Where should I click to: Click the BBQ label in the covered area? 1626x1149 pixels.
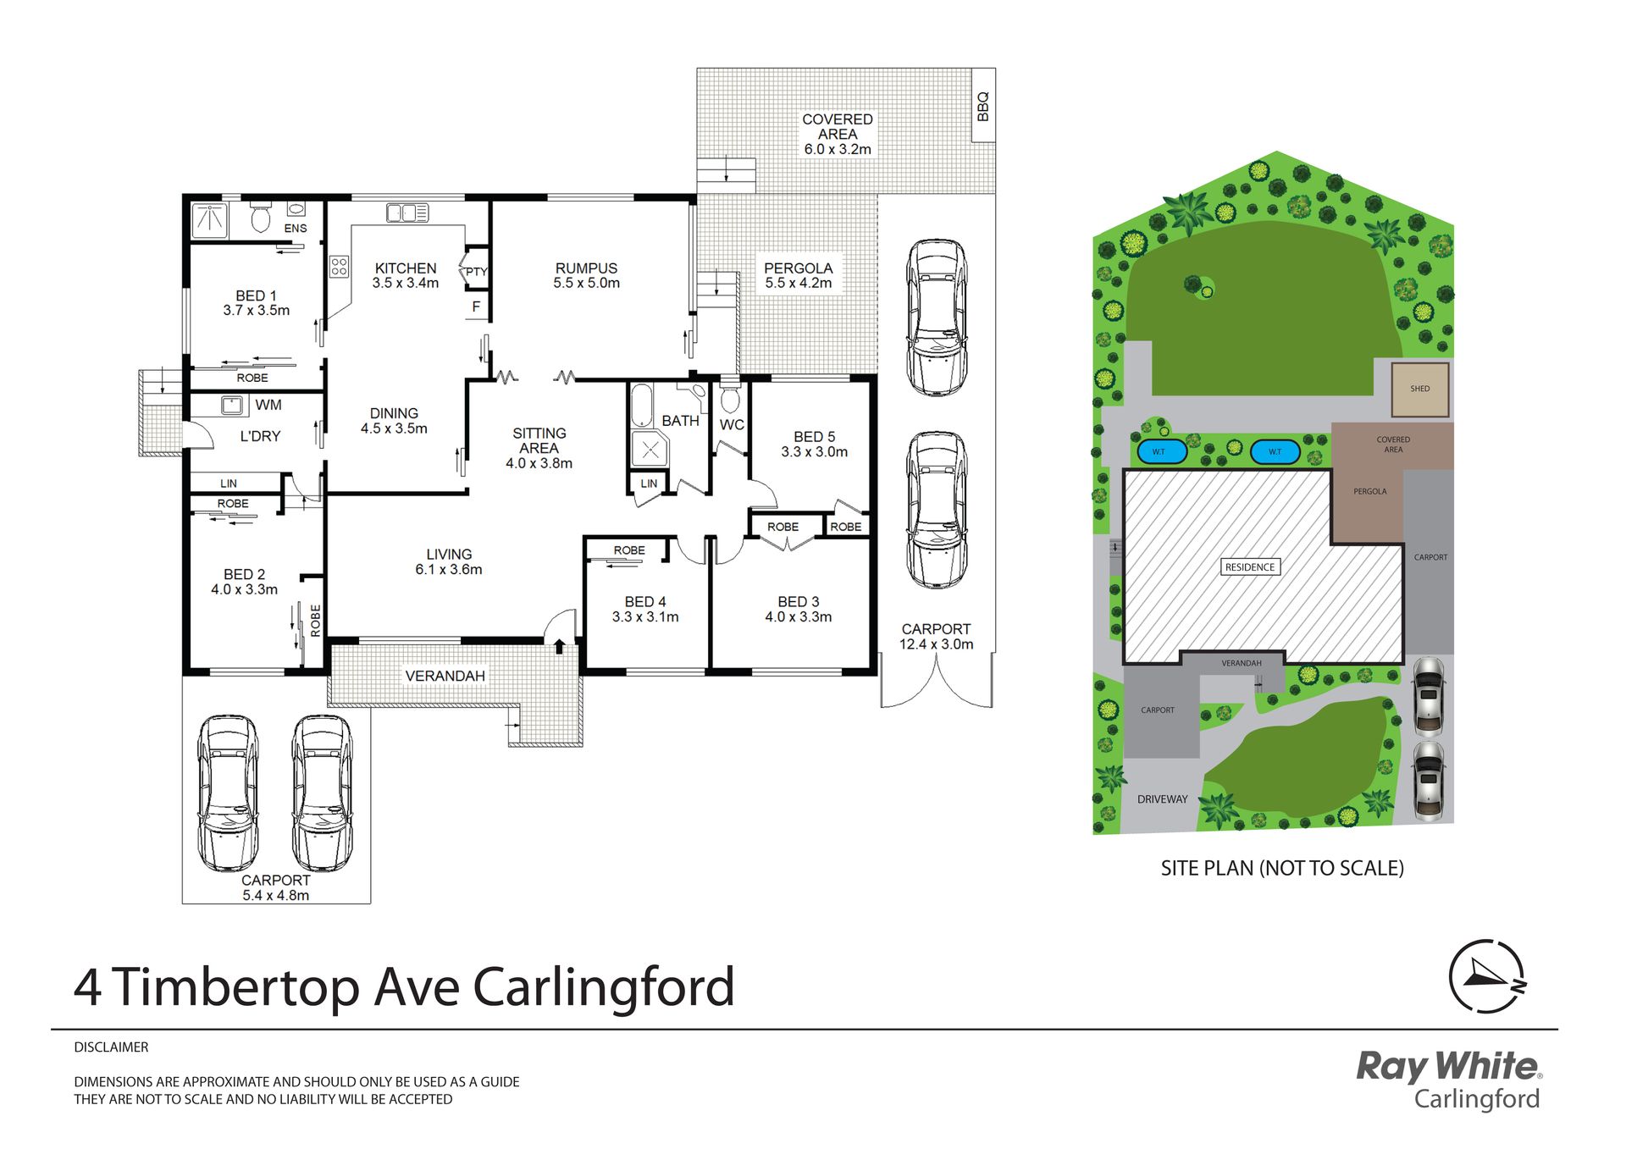tap(982, 107)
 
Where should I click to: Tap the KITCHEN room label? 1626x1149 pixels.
tap(406, 268)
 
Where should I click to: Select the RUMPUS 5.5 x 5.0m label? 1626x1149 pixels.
tap(586, 275)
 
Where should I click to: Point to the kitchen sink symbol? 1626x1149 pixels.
tap(407, 213)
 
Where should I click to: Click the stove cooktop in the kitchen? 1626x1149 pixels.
tap(340, 267)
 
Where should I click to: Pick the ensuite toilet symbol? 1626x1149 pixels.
tap(261, 218)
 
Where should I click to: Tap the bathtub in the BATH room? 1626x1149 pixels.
tap(642, 406)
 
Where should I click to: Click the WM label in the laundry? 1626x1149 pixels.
tap(268, 405)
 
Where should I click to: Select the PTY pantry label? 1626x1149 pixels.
tap(477, 272)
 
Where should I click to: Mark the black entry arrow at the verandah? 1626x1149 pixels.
tap(559, 646)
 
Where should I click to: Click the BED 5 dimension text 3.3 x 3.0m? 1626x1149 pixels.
tap(814, 452)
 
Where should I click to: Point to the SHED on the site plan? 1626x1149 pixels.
tap(1420, 389)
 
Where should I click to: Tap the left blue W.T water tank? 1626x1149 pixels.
tap(1159, 451)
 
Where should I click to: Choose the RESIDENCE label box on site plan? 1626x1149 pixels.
tap(1250, 567)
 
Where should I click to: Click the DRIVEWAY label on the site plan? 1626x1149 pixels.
tap(1162, 799)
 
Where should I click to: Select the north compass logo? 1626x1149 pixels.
tap(1487, 976)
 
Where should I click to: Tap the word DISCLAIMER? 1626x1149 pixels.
tap(111, 1047)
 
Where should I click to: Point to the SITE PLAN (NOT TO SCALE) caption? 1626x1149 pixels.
tap(1282, 868)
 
